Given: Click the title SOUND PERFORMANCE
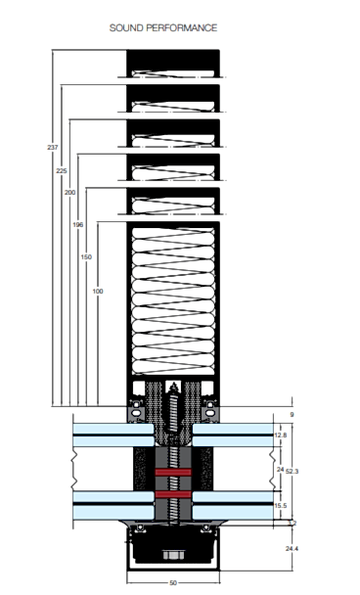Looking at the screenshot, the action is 163,28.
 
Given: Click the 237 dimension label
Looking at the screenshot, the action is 53,147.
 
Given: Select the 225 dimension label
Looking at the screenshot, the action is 62,171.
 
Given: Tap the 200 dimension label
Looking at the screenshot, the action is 69,193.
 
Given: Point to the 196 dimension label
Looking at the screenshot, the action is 77,225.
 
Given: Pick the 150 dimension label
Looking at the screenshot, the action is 86,257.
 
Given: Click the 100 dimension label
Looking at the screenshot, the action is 98,291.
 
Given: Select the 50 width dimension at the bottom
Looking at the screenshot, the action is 173,583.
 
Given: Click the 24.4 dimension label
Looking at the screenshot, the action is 292,548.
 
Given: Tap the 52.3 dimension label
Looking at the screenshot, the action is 292,471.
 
